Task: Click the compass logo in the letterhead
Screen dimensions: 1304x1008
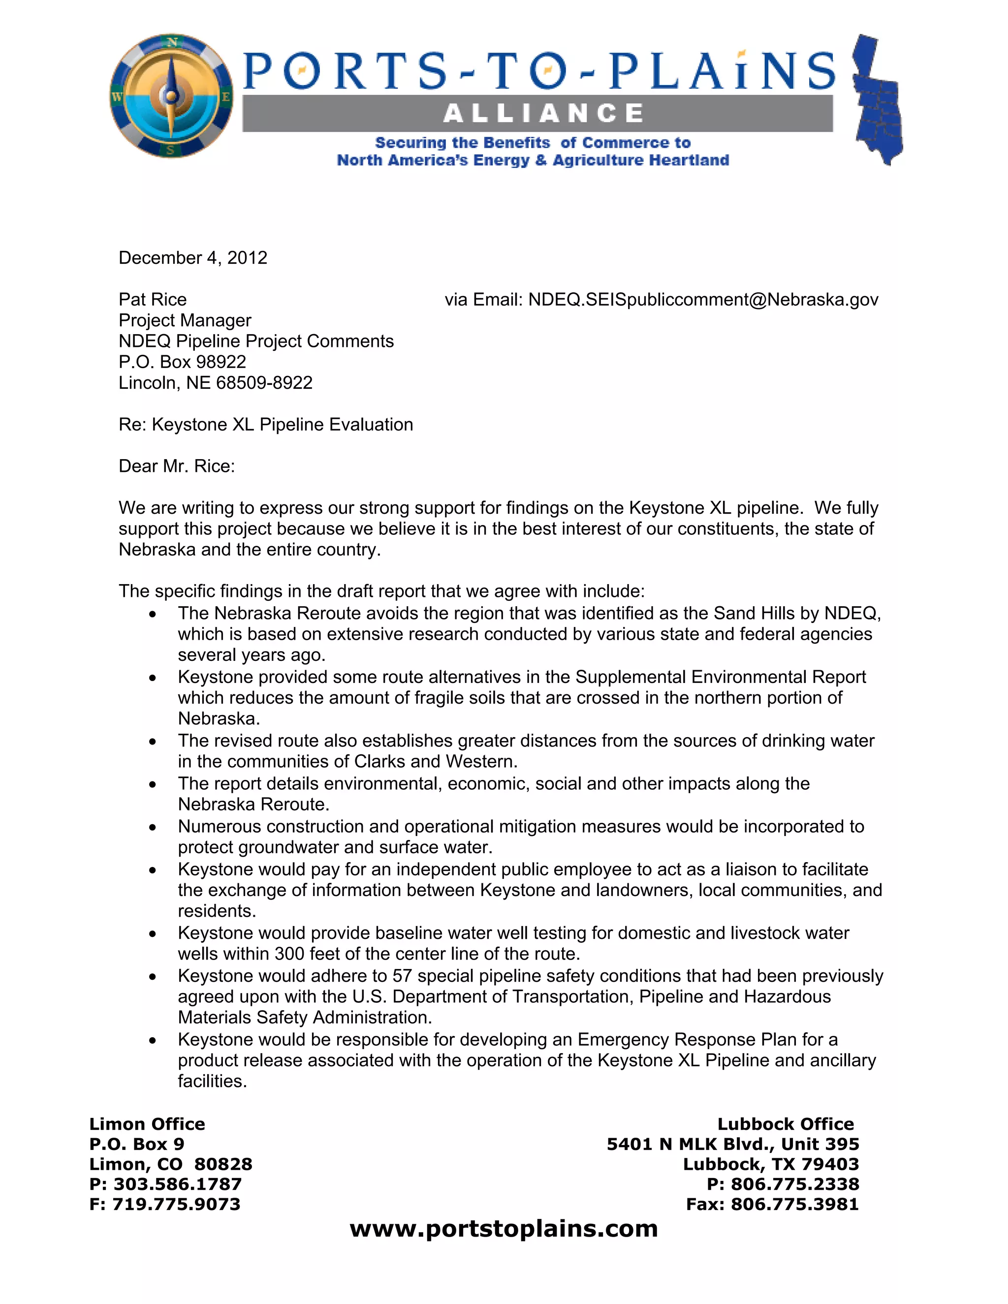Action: click(x=172, y=96)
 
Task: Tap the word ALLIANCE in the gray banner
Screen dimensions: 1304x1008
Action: click(x=543, y=113)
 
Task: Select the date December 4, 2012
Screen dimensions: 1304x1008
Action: click(x=193, y=258)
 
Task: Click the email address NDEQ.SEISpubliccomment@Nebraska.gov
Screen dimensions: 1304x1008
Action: click(x=703, y=300)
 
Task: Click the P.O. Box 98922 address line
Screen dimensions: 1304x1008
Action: click(x=182, y=362)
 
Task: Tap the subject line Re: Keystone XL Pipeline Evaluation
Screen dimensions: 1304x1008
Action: click(x=266, y=425)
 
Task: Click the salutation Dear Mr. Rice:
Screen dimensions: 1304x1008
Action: click(x=177, y=466)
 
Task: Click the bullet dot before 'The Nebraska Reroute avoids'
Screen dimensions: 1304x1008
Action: click(x=153, y=615)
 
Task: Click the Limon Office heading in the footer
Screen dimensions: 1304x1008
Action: click(x=147, y=1124)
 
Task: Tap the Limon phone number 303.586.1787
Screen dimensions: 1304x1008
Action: click(x=177, y=1184)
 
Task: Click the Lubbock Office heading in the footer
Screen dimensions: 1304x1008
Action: click(x=785, y=1124)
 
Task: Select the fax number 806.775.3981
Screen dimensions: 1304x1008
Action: click(x=794, y=1204)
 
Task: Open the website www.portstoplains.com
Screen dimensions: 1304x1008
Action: click(x=504, y=1229)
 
